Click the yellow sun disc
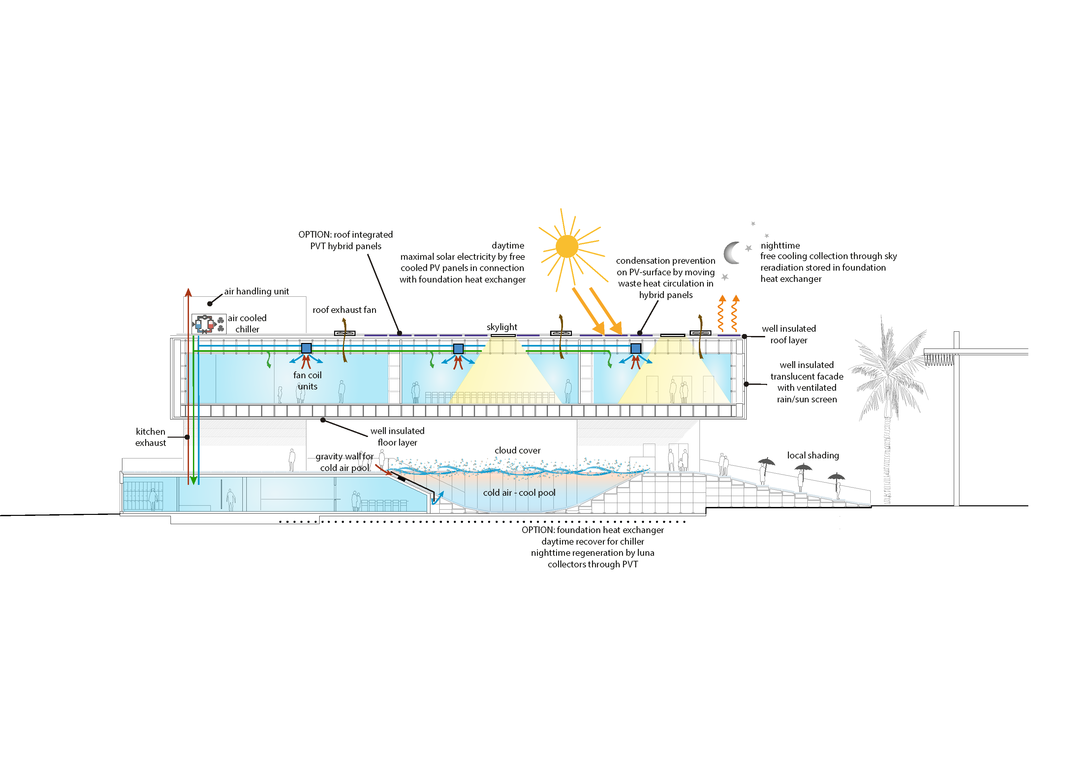567,247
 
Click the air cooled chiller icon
208,324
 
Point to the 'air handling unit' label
256,291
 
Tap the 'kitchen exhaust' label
151,437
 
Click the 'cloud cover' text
517,451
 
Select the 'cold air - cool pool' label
519,493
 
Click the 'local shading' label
813,455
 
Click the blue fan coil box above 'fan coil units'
306,348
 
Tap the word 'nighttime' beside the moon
780,246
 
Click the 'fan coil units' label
307,381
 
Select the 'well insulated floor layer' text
397,437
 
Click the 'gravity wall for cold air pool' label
345,462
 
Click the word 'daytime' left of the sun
508,246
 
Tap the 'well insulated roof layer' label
789,334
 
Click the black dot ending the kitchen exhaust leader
187,437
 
